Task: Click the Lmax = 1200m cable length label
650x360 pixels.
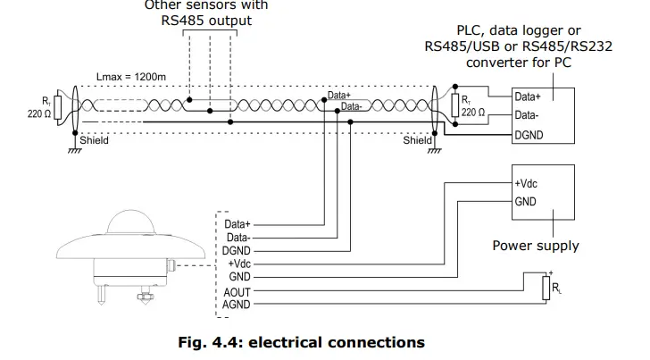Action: click(130, 77)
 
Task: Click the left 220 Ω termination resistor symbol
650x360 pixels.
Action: click(58, 108)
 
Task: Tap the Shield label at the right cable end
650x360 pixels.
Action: click(416, 140)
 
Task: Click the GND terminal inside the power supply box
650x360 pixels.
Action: click(526, 202)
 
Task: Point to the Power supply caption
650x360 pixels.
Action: click(536, 246)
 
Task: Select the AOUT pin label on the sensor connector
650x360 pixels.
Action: click(237, 291)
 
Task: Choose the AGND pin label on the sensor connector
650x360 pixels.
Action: click(237, 305)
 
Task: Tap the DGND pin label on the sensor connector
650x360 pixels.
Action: click(237, 251)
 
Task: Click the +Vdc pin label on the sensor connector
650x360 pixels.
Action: click(239, 264)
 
